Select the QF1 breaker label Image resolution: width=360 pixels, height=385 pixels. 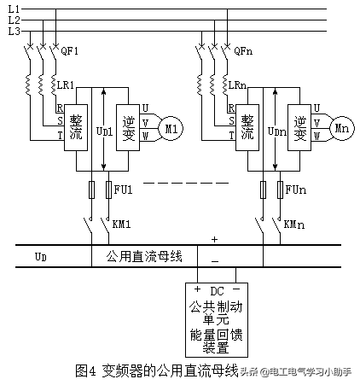[70, 51]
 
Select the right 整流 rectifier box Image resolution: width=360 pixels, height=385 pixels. [248, 128]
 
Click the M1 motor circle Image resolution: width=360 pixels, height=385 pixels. [172, 128]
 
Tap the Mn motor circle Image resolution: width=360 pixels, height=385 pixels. [343, 128]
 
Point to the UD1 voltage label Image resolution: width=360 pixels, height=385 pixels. [104, 131]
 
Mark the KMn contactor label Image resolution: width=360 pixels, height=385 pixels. [293, 224]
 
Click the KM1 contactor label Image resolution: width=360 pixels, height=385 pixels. [123, 224]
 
